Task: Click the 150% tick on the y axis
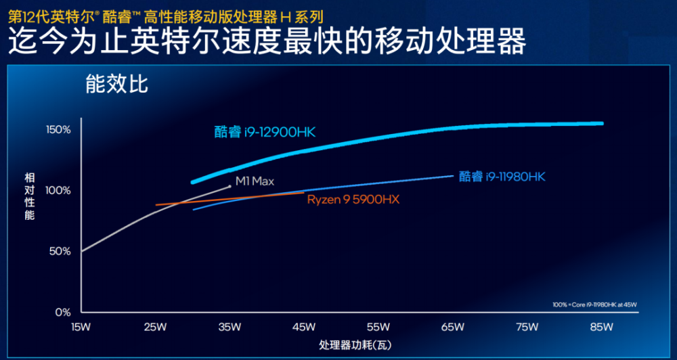pyautogui.click(x=59, y=129)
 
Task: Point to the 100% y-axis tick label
pyautogui.click(x=59, y=190)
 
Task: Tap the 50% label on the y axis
pyautogui.click(x=61, y=251)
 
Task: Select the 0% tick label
pyautogui.click(x=63, y=313)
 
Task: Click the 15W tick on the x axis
pyautogui.click(x=81, y=328)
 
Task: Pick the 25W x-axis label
pyautogui.click(x=155, y=328)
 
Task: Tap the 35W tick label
pyautogui.click(x=230, y=328)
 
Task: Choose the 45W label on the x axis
pyautogui.click(x=304, y=328)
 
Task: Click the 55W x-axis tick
pyautogui.click(x=378, y=328)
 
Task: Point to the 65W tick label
pyautogui.click(x=453, y=328)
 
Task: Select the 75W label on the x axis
pyautogui.click(x=527, y=328)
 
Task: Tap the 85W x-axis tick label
pyautogui.click(x=601, y=328)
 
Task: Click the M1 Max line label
pyautogui.click(x=255, y=181)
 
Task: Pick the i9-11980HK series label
pyautogui.click(x=502, y=177)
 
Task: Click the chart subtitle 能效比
pyautogui.click(x=116, y=85)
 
